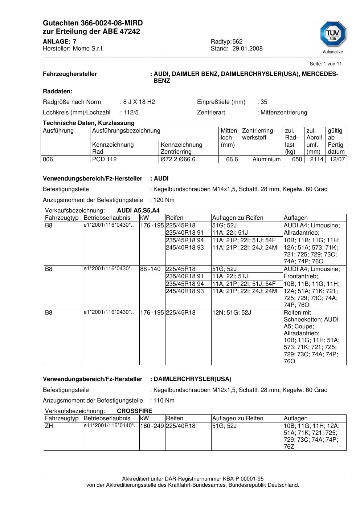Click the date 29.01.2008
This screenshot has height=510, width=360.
pyautogui.click(x=247, y=49)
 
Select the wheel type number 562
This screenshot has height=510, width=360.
pyautogui.click(x=237, y=42)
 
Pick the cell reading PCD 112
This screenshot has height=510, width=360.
pyautogui.click(x=105, y=159)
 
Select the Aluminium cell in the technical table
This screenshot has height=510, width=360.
pyautogui.click(x=266, y=159)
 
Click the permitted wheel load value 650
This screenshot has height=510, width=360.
pyautogui.click(x=297, y=159)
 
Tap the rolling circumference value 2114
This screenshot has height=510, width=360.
pyautogui.click(x=316, y=159)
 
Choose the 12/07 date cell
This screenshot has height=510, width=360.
pyautogui.click(x=337, y=159)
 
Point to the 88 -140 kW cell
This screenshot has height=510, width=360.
pyautogui.click(x=150, y=269)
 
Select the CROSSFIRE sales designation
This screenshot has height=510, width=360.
pyautogui.click(x=135, y=411)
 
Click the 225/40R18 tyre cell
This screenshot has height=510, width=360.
pyautogui.click(x=180, y=426)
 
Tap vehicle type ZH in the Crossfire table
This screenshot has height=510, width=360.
pyautogui.click(x=49, y=426)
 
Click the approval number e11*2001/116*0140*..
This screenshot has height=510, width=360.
pyautogui.click(x=110, y=426)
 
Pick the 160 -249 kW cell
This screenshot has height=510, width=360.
pyautogui.click(x=152, y=426)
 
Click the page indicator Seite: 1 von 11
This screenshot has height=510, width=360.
pyautogui.click(x=326, y=64)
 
